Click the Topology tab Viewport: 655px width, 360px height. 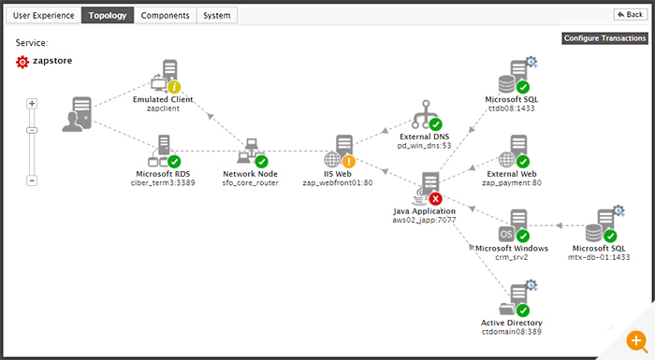[108, 16]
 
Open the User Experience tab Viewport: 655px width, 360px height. [43, 16]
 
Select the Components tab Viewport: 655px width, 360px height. [165, 16]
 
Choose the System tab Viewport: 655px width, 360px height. [217, 16]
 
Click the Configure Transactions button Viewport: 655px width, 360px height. [604, 38]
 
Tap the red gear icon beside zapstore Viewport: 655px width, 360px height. [22, 62]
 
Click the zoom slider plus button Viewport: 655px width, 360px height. [32, 103]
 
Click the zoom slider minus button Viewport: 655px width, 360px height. [32, 180]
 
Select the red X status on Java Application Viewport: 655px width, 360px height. [435, 199]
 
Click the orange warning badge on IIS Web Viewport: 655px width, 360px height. [348, 161]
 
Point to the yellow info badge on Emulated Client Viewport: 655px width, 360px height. [174, 87]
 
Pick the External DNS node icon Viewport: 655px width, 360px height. [425, 114]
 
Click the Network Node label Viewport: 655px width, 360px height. [250, 174]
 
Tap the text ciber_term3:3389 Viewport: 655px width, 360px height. [163, 183]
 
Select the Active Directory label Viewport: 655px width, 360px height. [512, 323]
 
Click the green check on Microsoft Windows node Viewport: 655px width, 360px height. [522, 236]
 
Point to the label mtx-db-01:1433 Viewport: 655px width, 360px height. [599, 257]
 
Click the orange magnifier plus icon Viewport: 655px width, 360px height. [636, 341]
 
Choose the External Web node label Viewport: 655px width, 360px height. [512, 174]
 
